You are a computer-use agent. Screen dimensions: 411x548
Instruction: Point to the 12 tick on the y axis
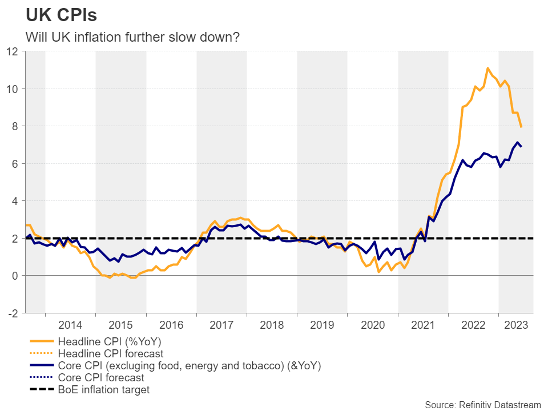pyautogui.click(x=12, y=51)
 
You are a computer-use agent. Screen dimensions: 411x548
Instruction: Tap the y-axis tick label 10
pyautogui.click(x=12, y=88)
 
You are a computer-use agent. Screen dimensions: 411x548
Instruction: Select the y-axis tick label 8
pyautogui.click(x=15, y=126)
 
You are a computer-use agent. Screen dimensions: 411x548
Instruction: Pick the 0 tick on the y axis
pyautogui.click(x=15, y=276)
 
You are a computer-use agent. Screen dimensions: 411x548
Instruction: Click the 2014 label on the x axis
pyautogui.click(x=70, y=325)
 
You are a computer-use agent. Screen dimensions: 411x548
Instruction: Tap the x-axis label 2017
pyautogui.click(x=221, y=325)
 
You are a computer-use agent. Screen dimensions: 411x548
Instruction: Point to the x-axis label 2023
pyautogui.click(x=515, y=325)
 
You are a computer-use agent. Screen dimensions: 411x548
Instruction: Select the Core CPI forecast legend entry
pyautogui.click(x=101, y=377)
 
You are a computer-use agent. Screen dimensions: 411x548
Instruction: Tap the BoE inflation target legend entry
pyautogui.click(x=104, y=390)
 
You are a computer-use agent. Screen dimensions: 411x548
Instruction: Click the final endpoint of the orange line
pyautogui.click(x=521, y=127)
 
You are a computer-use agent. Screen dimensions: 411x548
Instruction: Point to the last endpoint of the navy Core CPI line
pyautogui.click(x=521, y=147)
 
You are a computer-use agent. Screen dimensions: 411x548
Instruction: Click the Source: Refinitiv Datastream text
pyautogui.click(x=482, y=404)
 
